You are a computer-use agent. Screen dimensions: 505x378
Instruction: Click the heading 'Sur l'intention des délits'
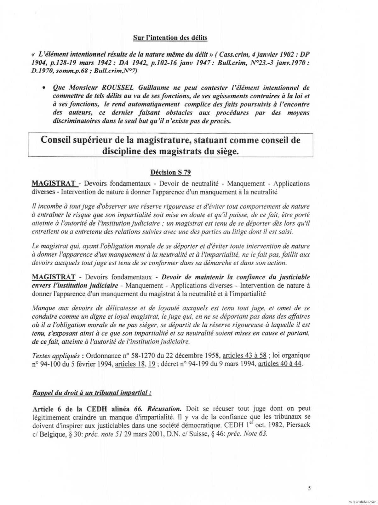(170, 38)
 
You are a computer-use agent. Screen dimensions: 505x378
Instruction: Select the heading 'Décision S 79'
(170, 172)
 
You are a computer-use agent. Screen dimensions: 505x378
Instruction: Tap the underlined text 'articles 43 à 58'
(244, 355)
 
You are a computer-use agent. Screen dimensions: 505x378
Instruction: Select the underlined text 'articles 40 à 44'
(280, 364)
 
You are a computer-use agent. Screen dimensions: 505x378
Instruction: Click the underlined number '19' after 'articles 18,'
(152, 364)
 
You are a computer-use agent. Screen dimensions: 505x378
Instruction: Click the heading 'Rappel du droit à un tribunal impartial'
(91, 393)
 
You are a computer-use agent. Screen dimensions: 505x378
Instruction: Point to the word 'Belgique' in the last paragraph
(50, 433)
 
